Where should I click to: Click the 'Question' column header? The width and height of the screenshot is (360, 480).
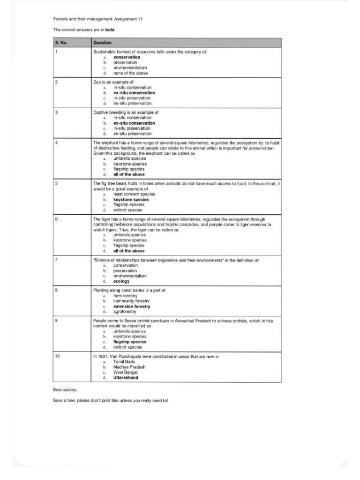tap(102, 43)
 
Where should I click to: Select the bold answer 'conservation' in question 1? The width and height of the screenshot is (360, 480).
tap(127, 57)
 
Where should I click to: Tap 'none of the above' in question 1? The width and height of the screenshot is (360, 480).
tap(131, 73)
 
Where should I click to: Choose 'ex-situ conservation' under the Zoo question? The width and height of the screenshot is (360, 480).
tap(134, 93)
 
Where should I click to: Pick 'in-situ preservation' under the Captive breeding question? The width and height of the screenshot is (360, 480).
tap(132, 128)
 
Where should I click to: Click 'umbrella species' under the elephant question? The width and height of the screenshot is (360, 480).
tap(130, 158)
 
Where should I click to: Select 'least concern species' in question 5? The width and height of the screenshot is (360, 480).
tap(134, 194)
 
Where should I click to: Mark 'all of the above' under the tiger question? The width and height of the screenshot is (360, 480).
tap(129, 251)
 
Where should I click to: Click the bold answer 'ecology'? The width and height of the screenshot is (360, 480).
tap(121, 281)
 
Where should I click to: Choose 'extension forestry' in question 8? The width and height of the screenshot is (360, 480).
tap(132, 306)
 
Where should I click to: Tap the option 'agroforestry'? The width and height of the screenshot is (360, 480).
tap(125, 311)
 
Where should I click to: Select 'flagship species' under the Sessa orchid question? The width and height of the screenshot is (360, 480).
tap(130, 342)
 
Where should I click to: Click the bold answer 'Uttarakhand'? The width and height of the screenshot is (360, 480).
tap(126, 378)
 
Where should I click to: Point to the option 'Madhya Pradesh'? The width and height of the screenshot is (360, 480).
tap(129, 367)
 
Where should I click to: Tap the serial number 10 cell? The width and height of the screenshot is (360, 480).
tap(57, 357)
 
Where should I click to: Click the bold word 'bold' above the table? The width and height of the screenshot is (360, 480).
tap(110, 30)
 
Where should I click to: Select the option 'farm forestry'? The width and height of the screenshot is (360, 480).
tap(125, 296)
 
